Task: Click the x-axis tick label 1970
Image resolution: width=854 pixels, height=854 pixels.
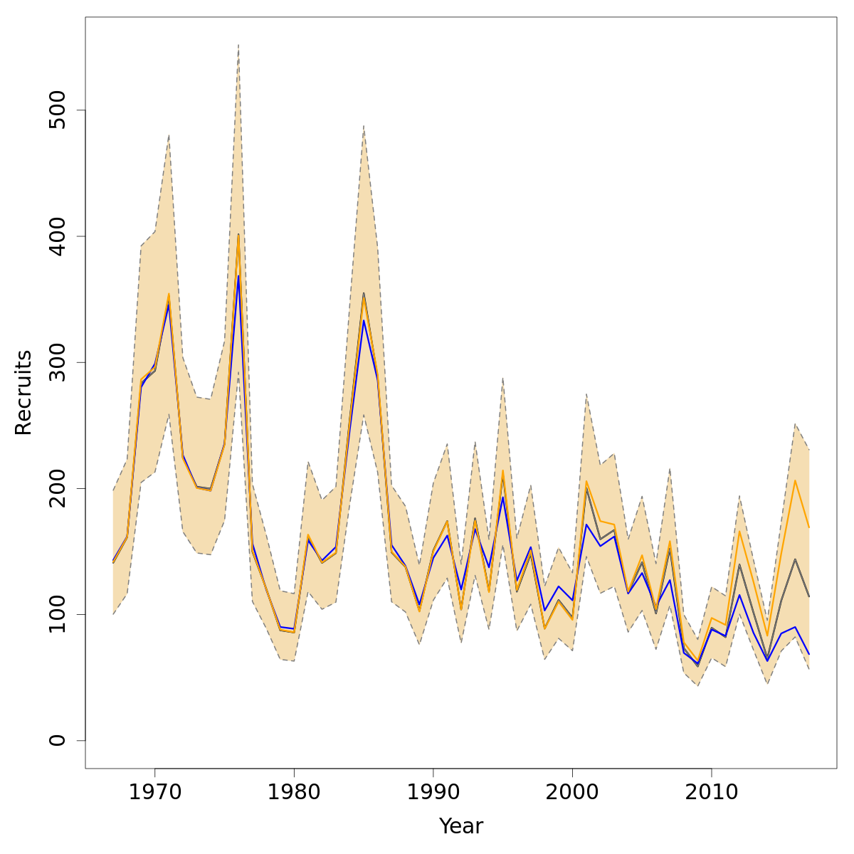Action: (154, 791)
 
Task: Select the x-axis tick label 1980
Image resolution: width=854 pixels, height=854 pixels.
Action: (294, 791)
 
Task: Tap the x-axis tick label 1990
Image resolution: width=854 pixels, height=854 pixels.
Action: (433, 791)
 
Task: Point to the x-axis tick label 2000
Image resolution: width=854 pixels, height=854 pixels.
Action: (572, 791)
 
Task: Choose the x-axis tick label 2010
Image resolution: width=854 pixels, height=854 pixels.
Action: (711, 791)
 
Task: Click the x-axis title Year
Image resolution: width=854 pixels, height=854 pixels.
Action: (460, 826)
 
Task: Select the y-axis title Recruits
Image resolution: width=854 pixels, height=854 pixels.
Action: (23, 392)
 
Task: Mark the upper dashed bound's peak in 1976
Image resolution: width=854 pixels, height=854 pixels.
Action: (238, 45)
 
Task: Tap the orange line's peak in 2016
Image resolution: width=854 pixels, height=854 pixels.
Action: (795, 480)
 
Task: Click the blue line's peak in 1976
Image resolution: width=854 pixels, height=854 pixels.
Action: (238, 276)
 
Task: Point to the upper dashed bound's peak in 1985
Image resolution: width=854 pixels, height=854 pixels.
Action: (364, 126)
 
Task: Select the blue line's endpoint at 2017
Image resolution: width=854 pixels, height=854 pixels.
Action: (809, 654)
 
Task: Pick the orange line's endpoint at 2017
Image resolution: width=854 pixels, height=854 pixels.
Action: (809, 527)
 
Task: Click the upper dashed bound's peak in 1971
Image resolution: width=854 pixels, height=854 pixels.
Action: (169, 135)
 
